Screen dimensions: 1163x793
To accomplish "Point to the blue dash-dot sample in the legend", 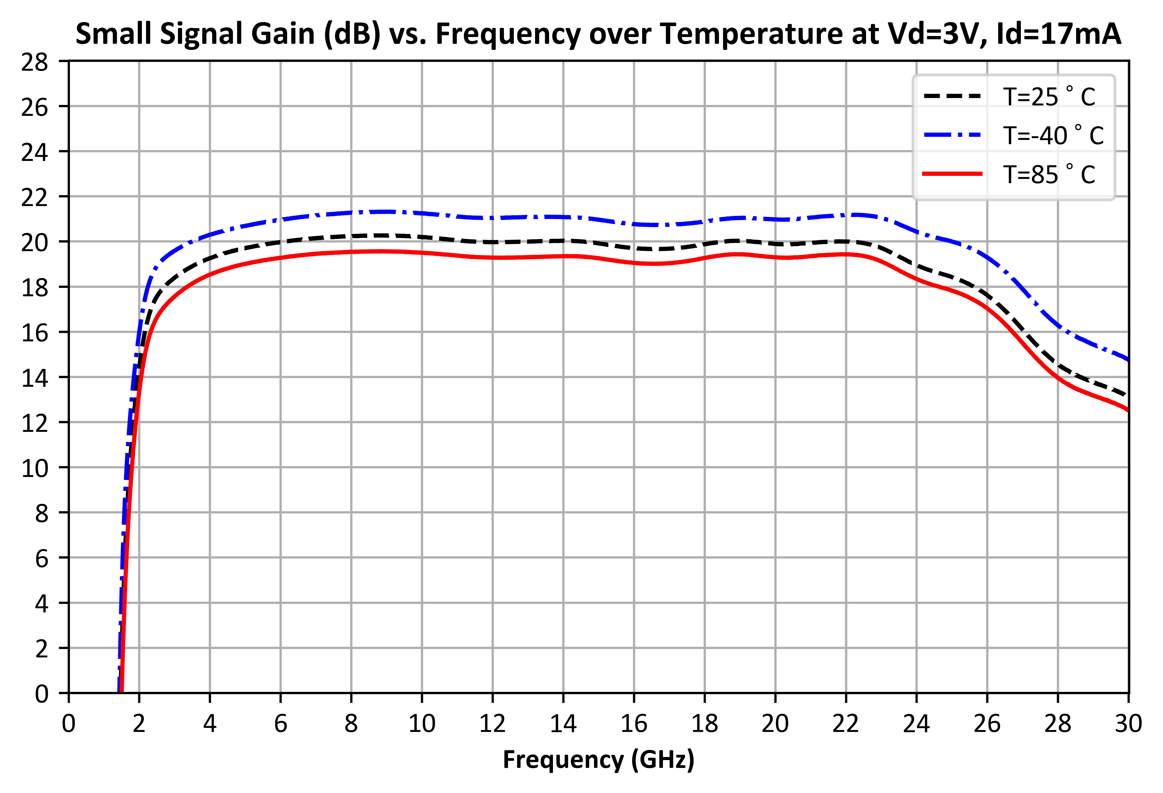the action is (x=952, y=135).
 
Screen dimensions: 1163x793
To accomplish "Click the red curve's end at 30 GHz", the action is (x=1128, y=411).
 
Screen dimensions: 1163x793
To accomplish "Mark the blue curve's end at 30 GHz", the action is (x=1128, y=359).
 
